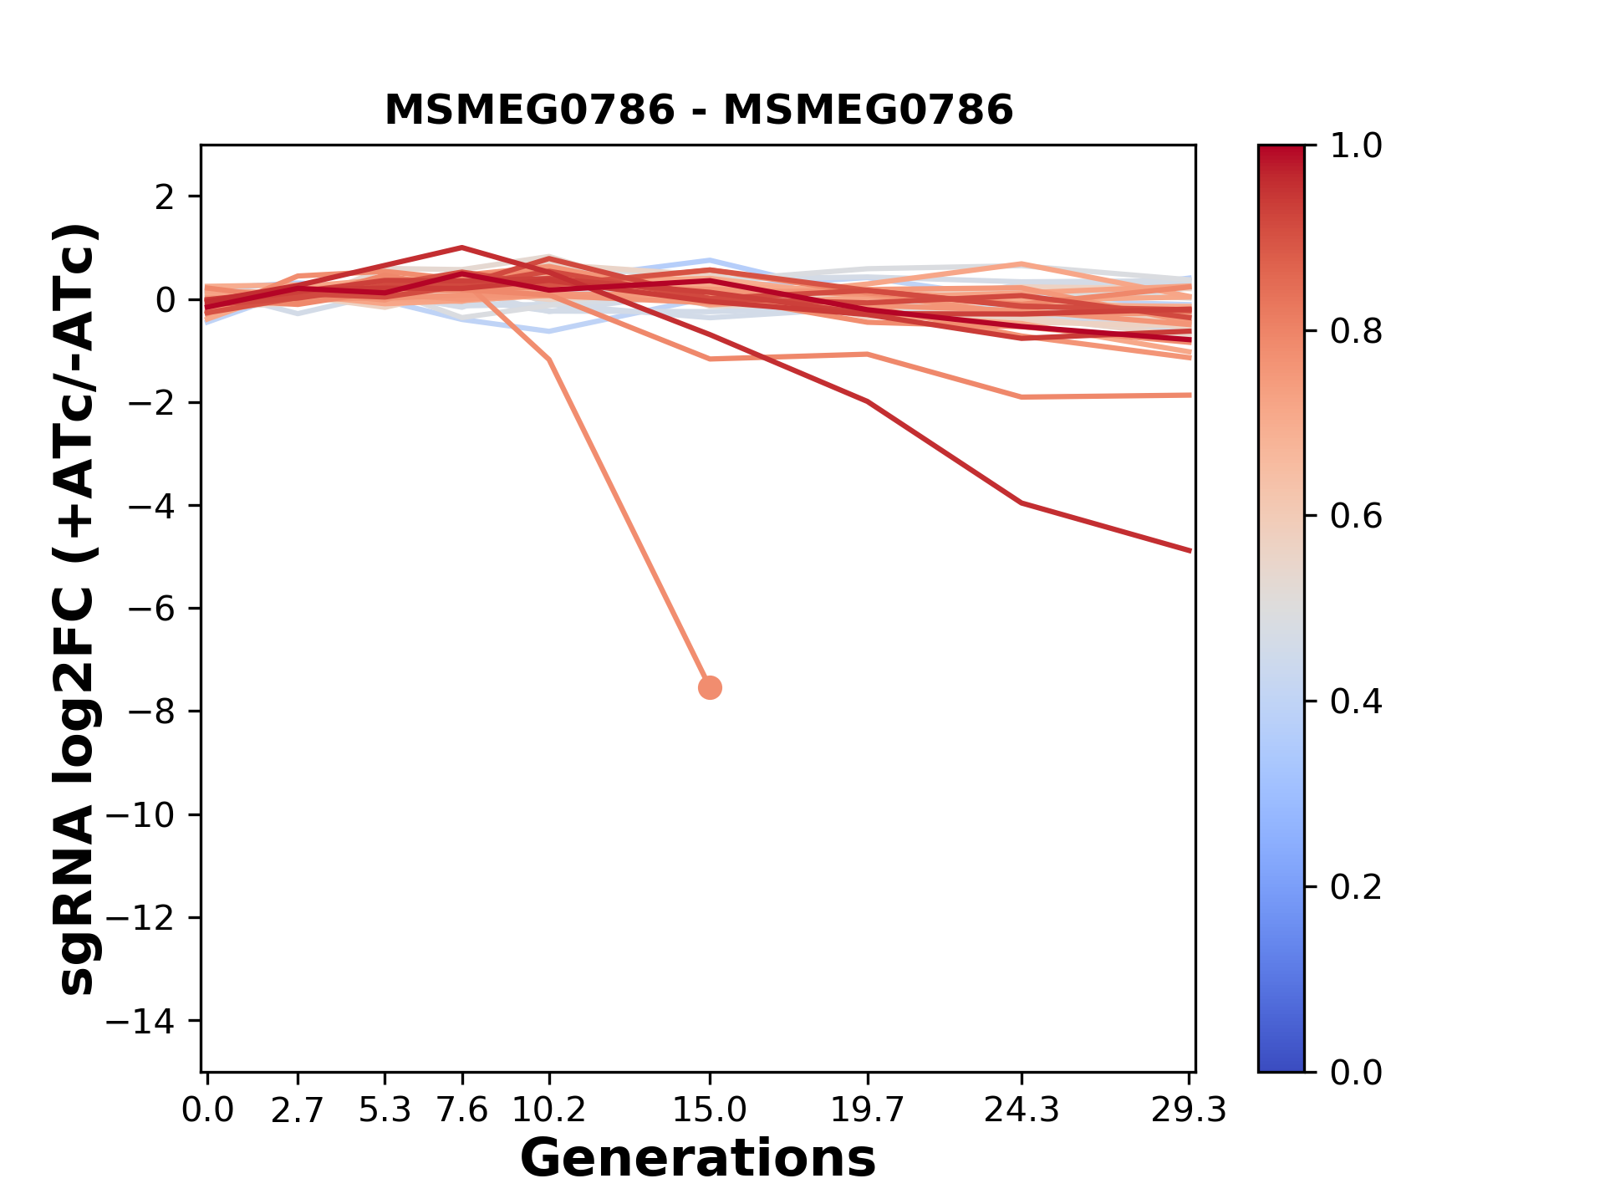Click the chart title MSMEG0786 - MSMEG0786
[698, 110]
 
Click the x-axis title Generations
[698, 1159]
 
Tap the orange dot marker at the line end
[710, 687]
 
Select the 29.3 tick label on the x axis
[1189, 1110]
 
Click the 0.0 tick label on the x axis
[207, 1110]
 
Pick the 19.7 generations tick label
[868, 1110]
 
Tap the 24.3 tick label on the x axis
[1021, 1110]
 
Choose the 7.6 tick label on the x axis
[462, 1110]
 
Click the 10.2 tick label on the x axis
[548, 1110]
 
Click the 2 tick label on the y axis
[165, 197]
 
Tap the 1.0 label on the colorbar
[1356, 146]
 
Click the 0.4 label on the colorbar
[1356, 701]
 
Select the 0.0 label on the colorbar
[1356, 1072]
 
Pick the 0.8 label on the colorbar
[1356, 332]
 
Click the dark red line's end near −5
[1189, 550]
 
